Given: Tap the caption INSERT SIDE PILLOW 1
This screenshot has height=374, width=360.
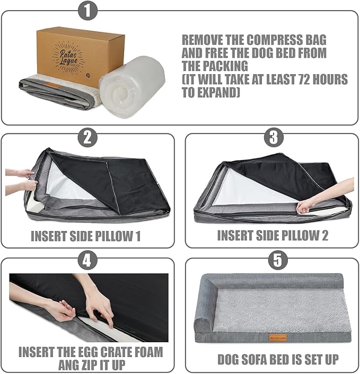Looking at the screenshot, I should [x=85, y=236].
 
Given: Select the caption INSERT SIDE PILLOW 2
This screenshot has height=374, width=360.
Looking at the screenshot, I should [x=273, y=236].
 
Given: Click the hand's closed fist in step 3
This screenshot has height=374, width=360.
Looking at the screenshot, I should [x=304, y=207].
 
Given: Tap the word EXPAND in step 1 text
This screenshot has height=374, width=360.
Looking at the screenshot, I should [x=218, y=93].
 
